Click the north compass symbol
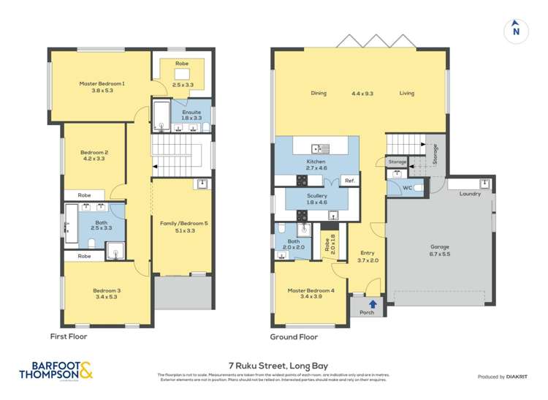click(x=516, y=30)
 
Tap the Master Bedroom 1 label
click(x=102, y=83)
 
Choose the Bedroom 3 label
click(x=107, y=290)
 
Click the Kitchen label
click(x=316, y=162)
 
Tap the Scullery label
click(x=316, y=196)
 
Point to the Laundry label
click(x=470, y=194)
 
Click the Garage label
click(x=440, y=246)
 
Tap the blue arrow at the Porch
click(x=373, y=304)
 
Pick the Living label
click(x=407, y=94)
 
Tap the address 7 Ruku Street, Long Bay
click(x=274, y=363)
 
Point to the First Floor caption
click(x=69, y=336)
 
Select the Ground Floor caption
click(x=294, y=336)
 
